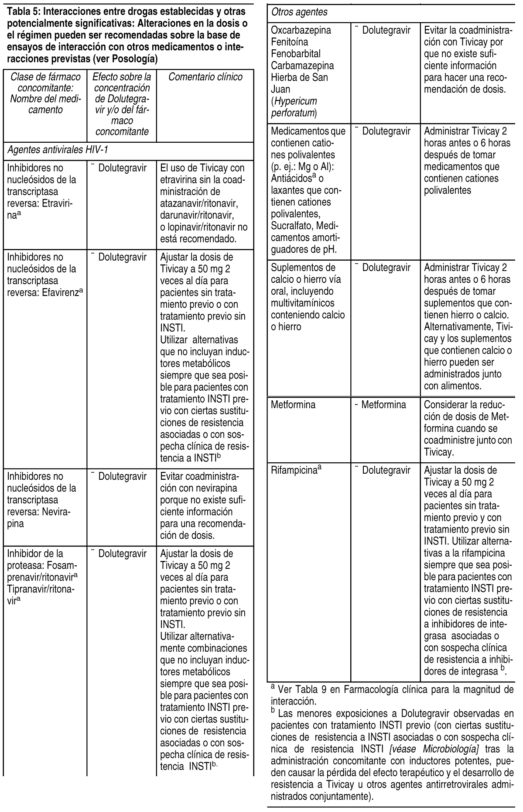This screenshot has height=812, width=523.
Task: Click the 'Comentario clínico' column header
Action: click(x=205, y=77)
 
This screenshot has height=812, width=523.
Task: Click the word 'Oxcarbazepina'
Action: click(x=301, y=31)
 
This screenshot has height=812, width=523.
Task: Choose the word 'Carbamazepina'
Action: click(x=302, y=66)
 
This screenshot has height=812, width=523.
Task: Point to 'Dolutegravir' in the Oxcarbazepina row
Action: click(x=386, y=31)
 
